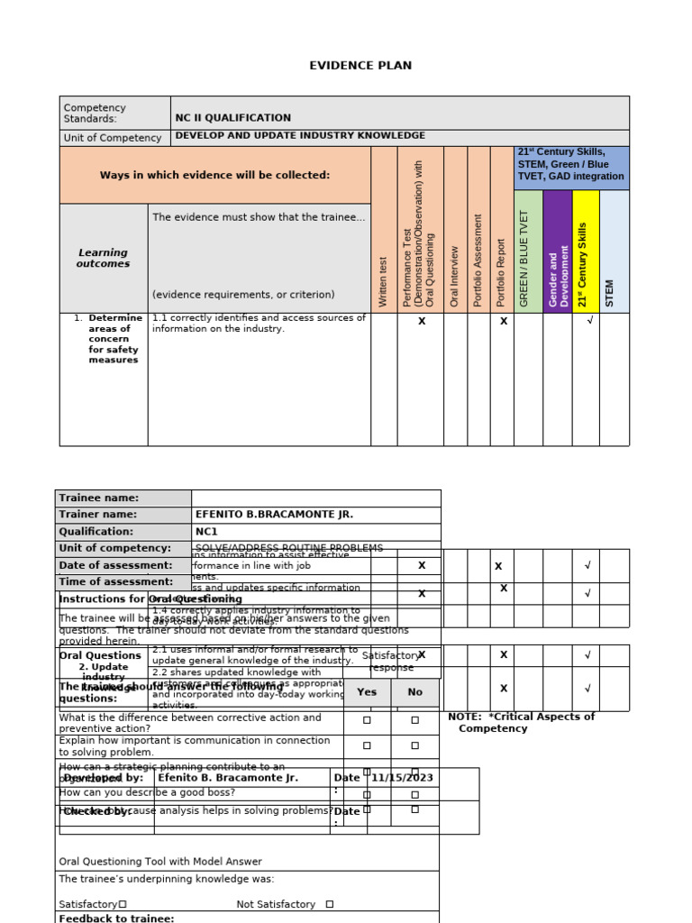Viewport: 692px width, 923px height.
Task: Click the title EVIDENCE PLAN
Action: (x=360, y=66)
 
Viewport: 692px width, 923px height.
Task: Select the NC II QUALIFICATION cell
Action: (x=232, y=118)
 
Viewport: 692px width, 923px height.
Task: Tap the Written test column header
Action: (x=384, y=280)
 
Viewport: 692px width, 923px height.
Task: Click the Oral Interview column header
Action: (x=455, y=275)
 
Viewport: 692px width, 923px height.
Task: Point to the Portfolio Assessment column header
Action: (x=478, y=260)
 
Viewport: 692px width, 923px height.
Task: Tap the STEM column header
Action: (x=613, y=293)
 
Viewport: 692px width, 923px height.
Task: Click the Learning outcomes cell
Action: (x=103, y=259)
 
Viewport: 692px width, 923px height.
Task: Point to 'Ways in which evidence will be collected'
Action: (x=214, y=175)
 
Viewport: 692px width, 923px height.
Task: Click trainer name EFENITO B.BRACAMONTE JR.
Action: (x=274, y=515)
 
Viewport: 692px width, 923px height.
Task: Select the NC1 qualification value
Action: (x=206, y=532)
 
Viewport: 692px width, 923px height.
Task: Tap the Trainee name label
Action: (x=99, y=498)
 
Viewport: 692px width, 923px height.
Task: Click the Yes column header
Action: (x=367, y=692)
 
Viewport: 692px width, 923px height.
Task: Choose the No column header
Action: (x=414, y=692)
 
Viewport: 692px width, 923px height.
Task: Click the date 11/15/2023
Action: (x=402, y=777)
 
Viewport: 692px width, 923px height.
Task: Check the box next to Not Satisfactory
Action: (x=329, y=904)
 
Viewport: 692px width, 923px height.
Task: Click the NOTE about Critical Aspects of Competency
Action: (x=521, y=722)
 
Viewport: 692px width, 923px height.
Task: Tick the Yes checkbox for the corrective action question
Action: (x=367, y=720)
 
